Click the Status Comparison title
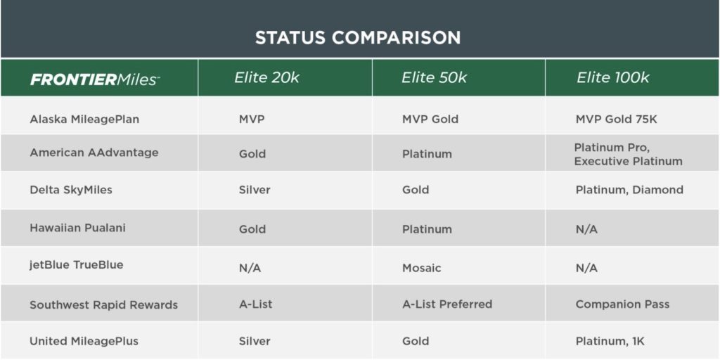[x=358, y=38]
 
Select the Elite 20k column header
[x=266, y=77]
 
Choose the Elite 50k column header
[x=434, y=77]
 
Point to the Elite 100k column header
[x=613, y=77]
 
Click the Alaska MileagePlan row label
[x=84, y=120]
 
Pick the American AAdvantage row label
[x=94, y=153]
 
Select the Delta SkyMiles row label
[x=71, y=190]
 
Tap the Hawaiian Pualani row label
[x=77, y=229]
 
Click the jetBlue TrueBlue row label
[x=77, y=265]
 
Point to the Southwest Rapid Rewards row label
[x=104, y=305]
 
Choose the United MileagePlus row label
[x=84, y=341]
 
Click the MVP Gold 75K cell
[x=616, y=120]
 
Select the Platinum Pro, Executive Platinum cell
[x=628, y=155]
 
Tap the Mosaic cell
[x=422, y=268]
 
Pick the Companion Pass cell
[x=622, y=304]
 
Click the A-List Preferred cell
[x=447, y=304]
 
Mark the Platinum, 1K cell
[x=610, y=342]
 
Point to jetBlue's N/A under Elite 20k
[x=250, y=269]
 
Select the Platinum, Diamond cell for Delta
[x=629, y=190]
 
